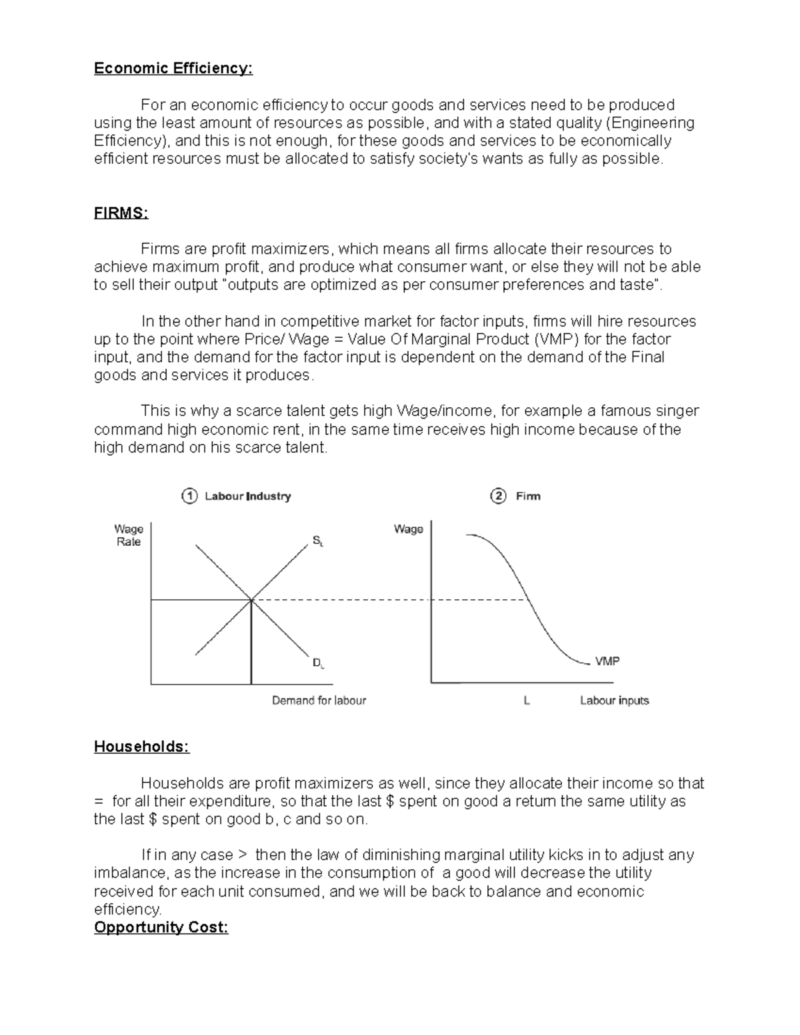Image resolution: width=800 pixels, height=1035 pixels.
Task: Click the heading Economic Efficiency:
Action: pyautogui.click(x=173, y=69)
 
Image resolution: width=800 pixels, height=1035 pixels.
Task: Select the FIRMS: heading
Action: pyautogui.click(x=121, y=213)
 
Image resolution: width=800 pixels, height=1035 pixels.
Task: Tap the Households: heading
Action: pyautogui.click(x=141, y=746)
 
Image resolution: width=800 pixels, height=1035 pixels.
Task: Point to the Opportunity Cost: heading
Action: pyautogui.click(x=161, y=927)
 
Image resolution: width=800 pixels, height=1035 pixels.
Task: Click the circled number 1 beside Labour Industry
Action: pyautogui.click(x=189, y=496)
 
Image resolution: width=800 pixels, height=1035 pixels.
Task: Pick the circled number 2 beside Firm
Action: pyautogui.click(x=498, y=496)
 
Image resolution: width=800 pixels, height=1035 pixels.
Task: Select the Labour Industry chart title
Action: pyautogui.click(x=247, y=497)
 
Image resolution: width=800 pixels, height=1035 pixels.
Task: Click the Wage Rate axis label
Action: pyautogui.click(x=129, y=535)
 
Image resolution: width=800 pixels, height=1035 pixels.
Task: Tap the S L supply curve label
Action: pyautogui.click(x=318, y=541)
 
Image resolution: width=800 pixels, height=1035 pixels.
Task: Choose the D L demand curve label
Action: pyautogui.click(x=318, y=663)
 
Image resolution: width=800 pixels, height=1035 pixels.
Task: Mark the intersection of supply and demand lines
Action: pyautogui.click(x=251, y=600)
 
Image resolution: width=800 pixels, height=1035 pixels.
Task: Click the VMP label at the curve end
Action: pyautogui.click(x=607, y=661)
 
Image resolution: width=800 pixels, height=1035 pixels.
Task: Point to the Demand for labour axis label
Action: pyautogui.click(x=319, y=700)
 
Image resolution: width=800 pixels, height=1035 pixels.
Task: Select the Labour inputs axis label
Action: pyautogui.click(x=614, y=700)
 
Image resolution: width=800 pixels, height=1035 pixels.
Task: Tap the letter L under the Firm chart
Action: pyautogui.click(x=527, y=700)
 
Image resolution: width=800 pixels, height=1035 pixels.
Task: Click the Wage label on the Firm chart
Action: pyautogui.click(x=409, y=529)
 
